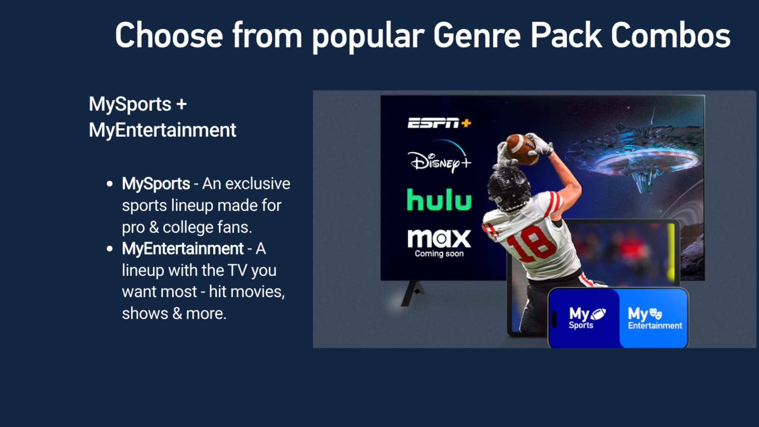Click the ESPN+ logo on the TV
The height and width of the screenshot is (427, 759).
(x=439, y=123)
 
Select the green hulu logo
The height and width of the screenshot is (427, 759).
(x=439, y=200)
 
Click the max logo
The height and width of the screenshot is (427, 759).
(x=439, y=238)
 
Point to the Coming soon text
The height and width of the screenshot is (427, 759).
(x=439, y=254)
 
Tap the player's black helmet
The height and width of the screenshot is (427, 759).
(x=509, y=188)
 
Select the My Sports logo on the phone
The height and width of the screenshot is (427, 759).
(x=587, y=318)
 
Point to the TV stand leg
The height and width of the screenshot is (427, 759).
(x=412, y=293)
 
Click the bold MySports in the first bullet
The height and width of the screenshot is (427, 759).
(x=156, y=184)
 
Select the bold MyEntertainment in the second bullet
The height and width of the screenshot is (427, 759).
(x=183, y=249)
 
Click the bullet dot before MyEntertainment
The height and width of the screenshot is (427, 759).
(x=110, y=249)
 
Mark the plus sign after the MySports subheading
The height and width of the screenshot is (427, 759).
(x=181, y=104)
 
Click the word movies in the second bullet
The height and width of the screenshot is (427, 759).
(x=257, y=292)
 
